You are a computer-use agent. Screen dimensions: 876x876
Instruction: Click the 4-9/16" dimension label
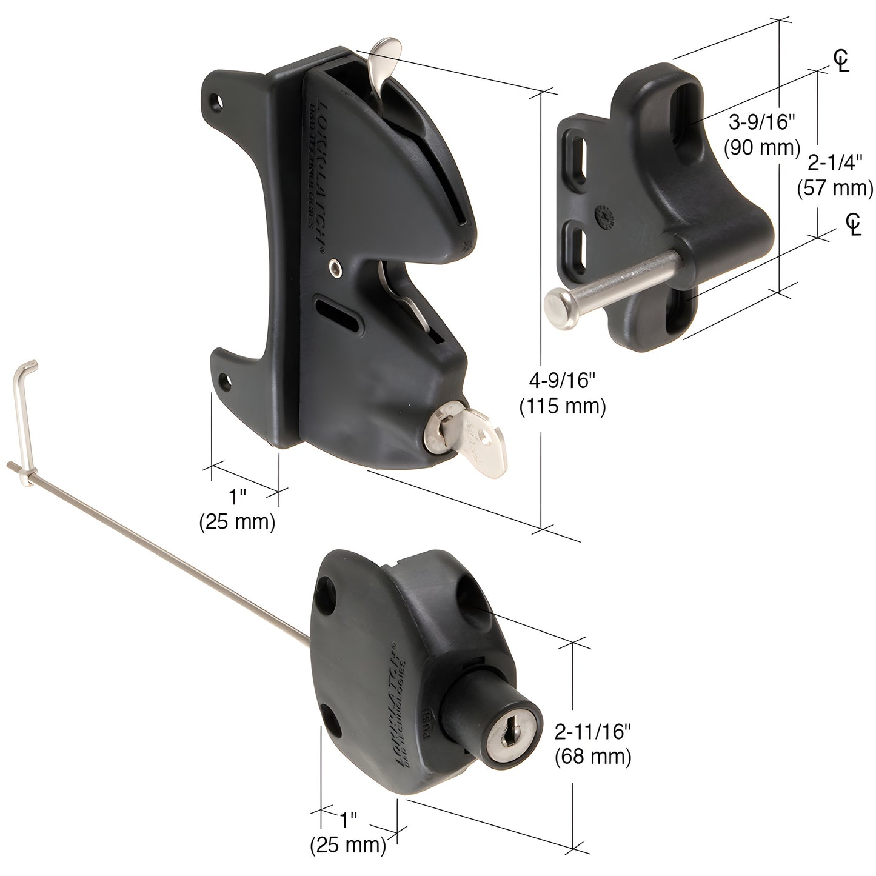(563, 381)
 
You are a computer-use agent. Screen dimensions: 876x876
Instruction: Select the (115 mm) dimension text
(563, 406)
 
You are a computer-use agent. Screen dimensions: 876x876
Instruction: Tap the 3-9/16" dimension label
(761, 123)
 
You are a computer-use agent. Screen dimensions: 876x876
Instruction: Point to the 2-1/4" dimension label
(835, 163)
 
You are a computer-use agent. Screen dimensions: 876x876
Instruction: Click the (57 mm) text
(835, 189)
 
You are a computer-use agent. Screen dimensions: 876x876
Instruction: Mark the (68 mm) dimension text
(592, 757)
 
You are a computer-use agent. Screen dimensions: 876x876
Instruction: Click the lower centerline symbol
(854, 224)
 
